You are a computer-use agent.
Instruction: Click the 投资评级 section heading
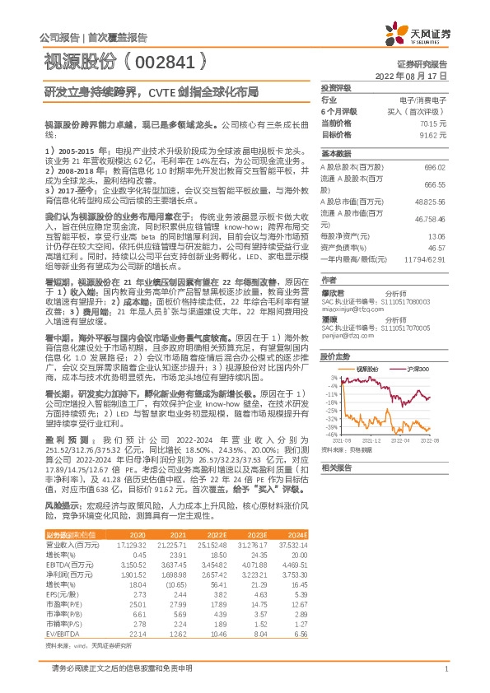pyautogui.click(x=336, y=87)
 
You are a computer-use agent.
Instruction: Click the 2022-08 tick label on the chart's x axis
pyautogui.click(x=431, y=442)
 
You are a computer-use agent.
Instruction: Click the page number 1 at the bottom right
pyautogui.click(x=446, y=669)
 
